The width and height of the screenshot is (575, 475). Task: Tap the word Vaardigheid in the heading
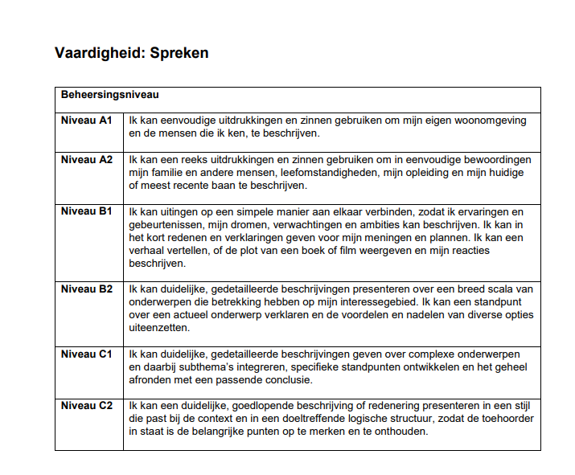pos(100,53)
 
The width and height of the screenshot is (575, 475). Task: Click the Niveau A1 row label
pos(86,120)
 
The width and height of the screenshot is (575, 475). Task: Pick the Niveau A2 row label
pos(86,159)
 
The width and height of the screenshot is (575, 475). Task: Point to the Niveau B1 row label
pos(86,211)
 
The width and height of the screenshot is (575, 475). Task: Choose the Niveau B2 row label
pos(86,289)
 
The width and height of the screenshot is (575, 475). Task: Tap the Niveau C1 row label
pos(86,354)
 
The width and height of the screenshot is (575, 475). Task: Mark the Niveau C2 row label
pos(86,405)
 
